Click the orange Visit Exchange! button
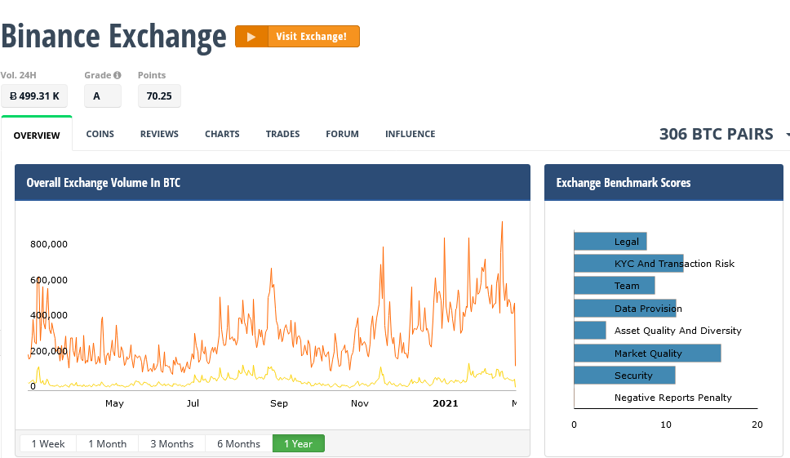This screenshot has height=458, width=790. click(x=297, y=36)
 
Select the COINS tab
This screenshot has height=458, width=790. click(x=100, y=134)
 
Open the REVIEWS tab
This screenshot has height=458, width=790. click(x=159, y=134)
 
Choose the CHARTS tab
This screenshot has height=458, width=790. click(x=222, y=134)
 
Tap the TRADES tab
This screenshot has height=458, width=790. click(x=282, y=134)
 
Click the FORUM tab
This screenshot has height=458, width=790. click(x=342, y=134)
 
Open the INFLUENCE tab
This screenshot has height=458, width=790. click(x=411, y=134)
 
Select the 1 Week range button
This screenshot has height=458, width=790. click(x=48, y=443)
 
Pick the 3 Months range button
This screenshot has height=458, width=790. click(x=172, y=443)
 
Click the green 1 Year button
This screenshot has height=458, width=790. click(x=298, y=443)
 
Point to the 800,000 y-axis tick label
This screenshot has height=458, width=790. click(x=49, y=244)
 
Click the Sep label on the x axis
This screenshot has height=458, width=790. click(x=279, y=403)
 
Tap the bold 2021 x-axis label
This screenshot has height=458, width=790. click(x=446, y=403)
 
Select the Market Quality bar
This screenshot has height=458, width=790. click(x=647, y=354)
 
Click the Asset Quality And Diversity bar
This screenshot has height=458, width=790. click(x=590, y=331)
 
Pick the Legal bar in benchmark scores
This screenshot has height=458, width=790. click(x=610, y=242)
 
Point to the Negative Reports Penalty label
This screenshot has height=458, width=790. click(x=673, y=398)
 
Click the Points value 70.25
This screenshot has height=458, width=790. click(x=159, y=96)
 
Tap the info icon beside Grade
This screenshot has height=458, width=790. click(x=118, y=75)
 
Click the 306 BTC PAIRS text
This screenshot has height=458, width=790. click(x=717, y=134)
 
